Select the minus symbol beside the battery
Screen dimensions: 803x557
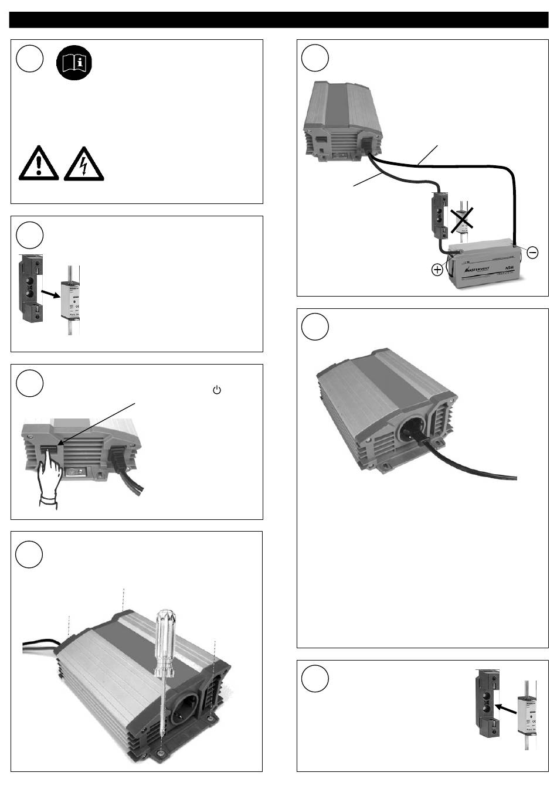(532, 253)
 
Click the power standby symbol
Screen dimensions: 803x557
(216, 389)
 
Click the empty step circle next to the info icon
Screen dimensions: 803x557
(30, 60)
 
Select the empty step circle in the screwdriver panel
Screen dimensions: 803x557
(29, 554)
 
